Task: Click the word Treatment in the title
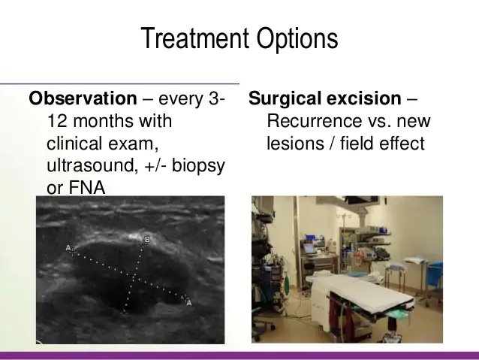click(x=194, y=38)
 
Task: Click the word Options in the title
click(x=297, y=38)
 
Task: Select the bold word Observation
click(x=83, y=98)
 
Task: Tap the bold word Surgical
click(x=285, y=99)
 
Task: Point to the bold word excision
click(x=364, y=98)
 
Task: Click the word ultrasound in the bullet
click(x=91, y=165)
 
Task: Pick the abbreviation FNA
click(x=87, y=187)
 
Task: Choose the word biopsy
click(x=198, y=167)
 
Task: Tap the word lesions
click(x=295, y=144)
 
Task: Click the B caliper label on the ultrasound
click(x=147, y=240)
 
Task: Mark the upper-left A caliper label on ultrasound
click(x=68, y=248)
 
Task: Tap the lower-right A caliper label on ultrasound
click(x=189, y=303)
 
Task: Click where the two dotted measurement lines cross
click(x=134, y=278)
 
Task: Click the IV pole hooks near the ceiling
click(x=343, y=216)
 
